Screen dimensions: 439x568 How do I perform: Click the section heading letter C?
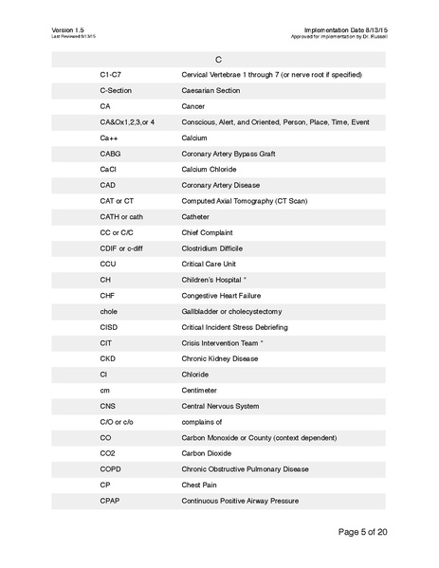click(x=218, y=59)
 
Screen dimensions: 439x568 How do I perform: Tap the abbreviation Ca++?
click(x=108, y=137)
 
